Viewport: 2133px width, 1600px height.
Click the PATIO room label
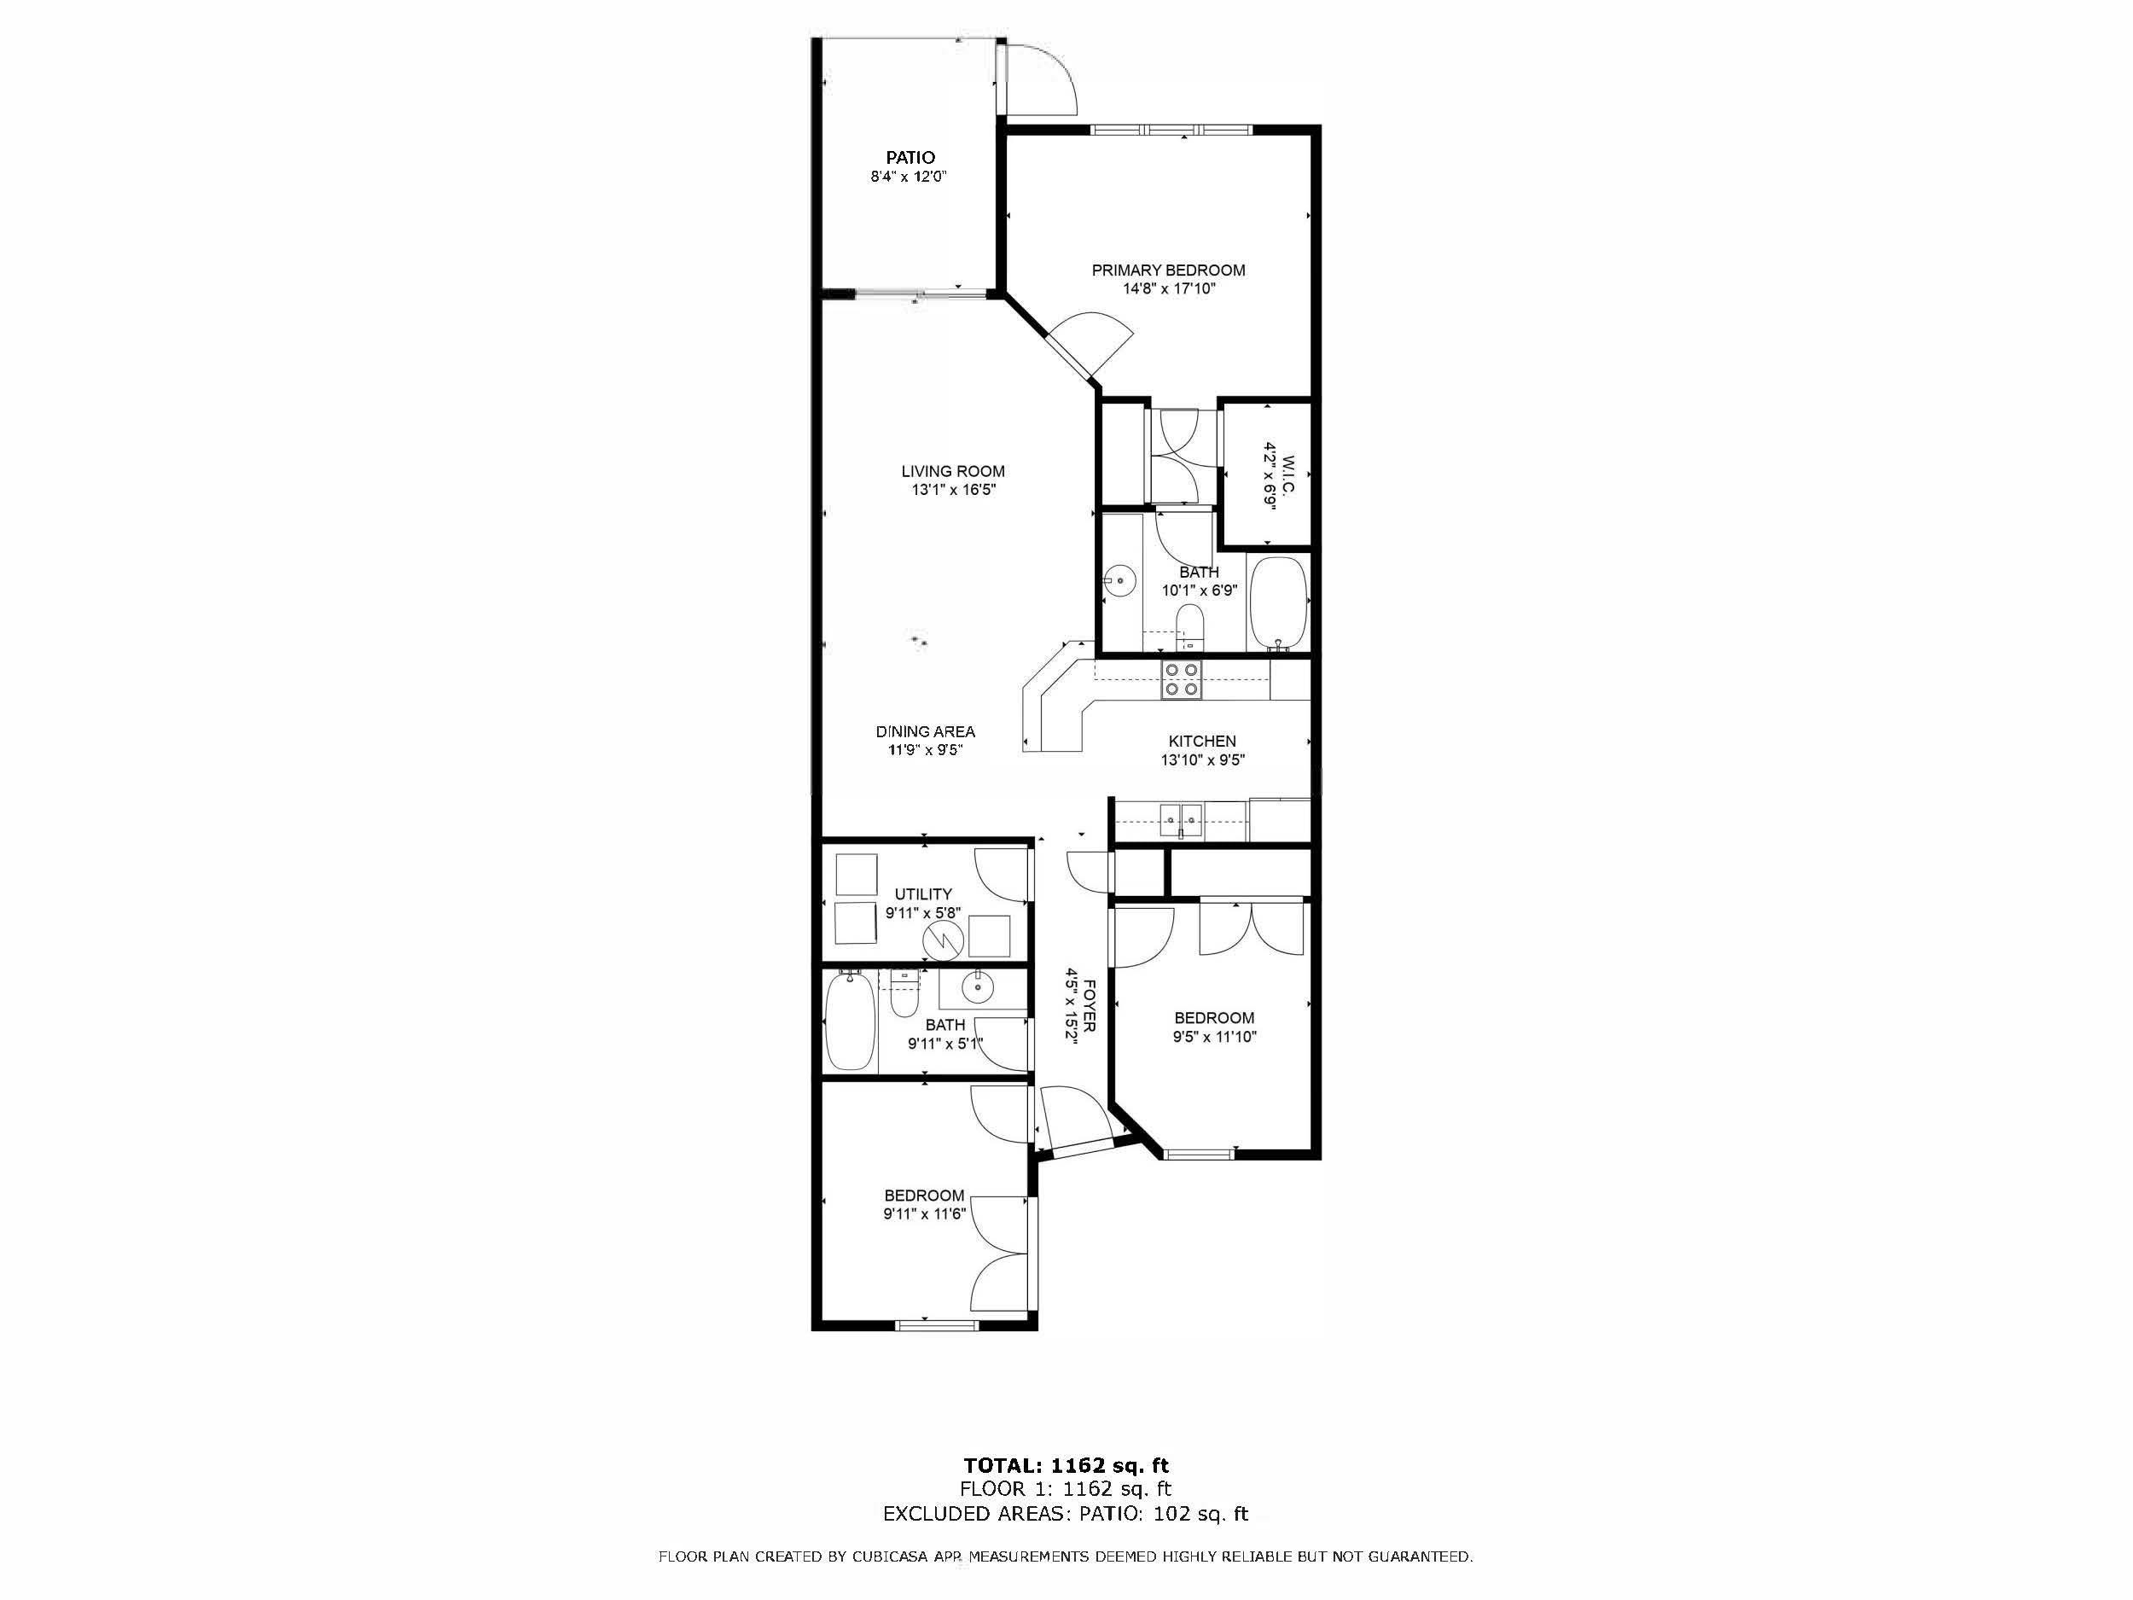pos(910,157)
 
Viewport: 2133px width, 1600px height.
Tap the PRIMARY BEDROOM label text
pos(1168,270)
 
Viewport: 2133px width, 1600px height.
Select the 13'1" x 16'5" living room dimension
pos(952,490)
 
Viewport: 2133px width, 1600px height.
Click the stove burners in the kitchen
pos(1183,679)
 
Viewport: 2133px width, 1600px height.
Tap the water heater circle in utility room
pos(943,940)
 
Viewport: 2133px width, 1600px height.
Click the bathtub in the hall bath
pos(851,1022)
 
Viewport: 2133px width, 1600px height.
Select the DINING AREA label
pos(925,732)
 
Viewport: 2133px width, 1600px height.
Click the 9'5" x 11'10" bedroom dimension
pos(1214,1038)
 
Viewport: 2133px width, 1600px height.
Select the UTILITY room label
pos(923,894)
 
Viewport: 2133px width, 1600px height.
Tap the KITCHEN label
pos(1201,741)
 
